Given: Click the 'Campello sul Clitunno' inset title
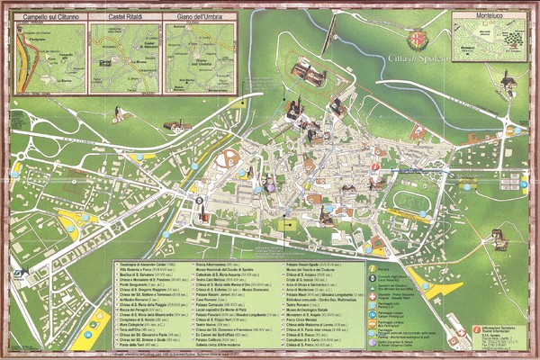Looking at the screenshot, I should coord(51,17).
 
